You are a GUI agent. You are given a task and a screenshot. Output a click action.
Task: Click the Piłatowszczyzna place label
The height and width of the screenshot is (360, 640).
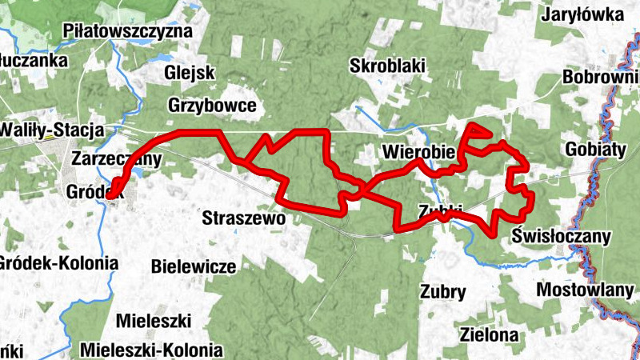[128, 32]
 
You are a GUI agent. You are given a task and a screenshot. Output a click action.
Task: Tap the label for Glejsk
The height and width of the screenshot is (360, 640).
[190, 73]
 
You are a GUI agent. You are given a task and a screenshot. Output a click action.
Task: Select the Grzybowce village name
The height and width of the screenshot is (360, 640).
[212, 105]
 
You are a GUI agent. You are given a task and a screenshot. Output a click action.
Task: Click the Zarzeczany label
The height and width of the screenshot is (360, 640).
[117, 158]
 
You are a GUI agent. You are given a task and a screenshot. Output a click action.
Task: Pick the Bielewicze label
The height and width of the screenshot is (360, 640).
[193, 266]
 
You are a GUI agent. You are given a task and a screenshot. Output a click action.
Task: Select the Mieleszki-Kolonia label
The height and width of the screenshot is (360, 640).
[151, 350]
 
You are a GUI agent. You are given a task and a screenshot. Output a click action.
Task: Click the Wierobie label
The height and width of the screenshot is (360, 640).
[418, 151]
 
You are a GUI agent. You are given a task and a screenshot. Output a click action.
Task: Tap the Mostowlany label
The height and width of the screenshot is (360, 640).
[585, 290]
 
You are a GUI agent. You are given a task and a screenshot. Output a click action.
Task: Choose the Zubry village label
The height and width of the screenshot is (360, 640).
[443, 291]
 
